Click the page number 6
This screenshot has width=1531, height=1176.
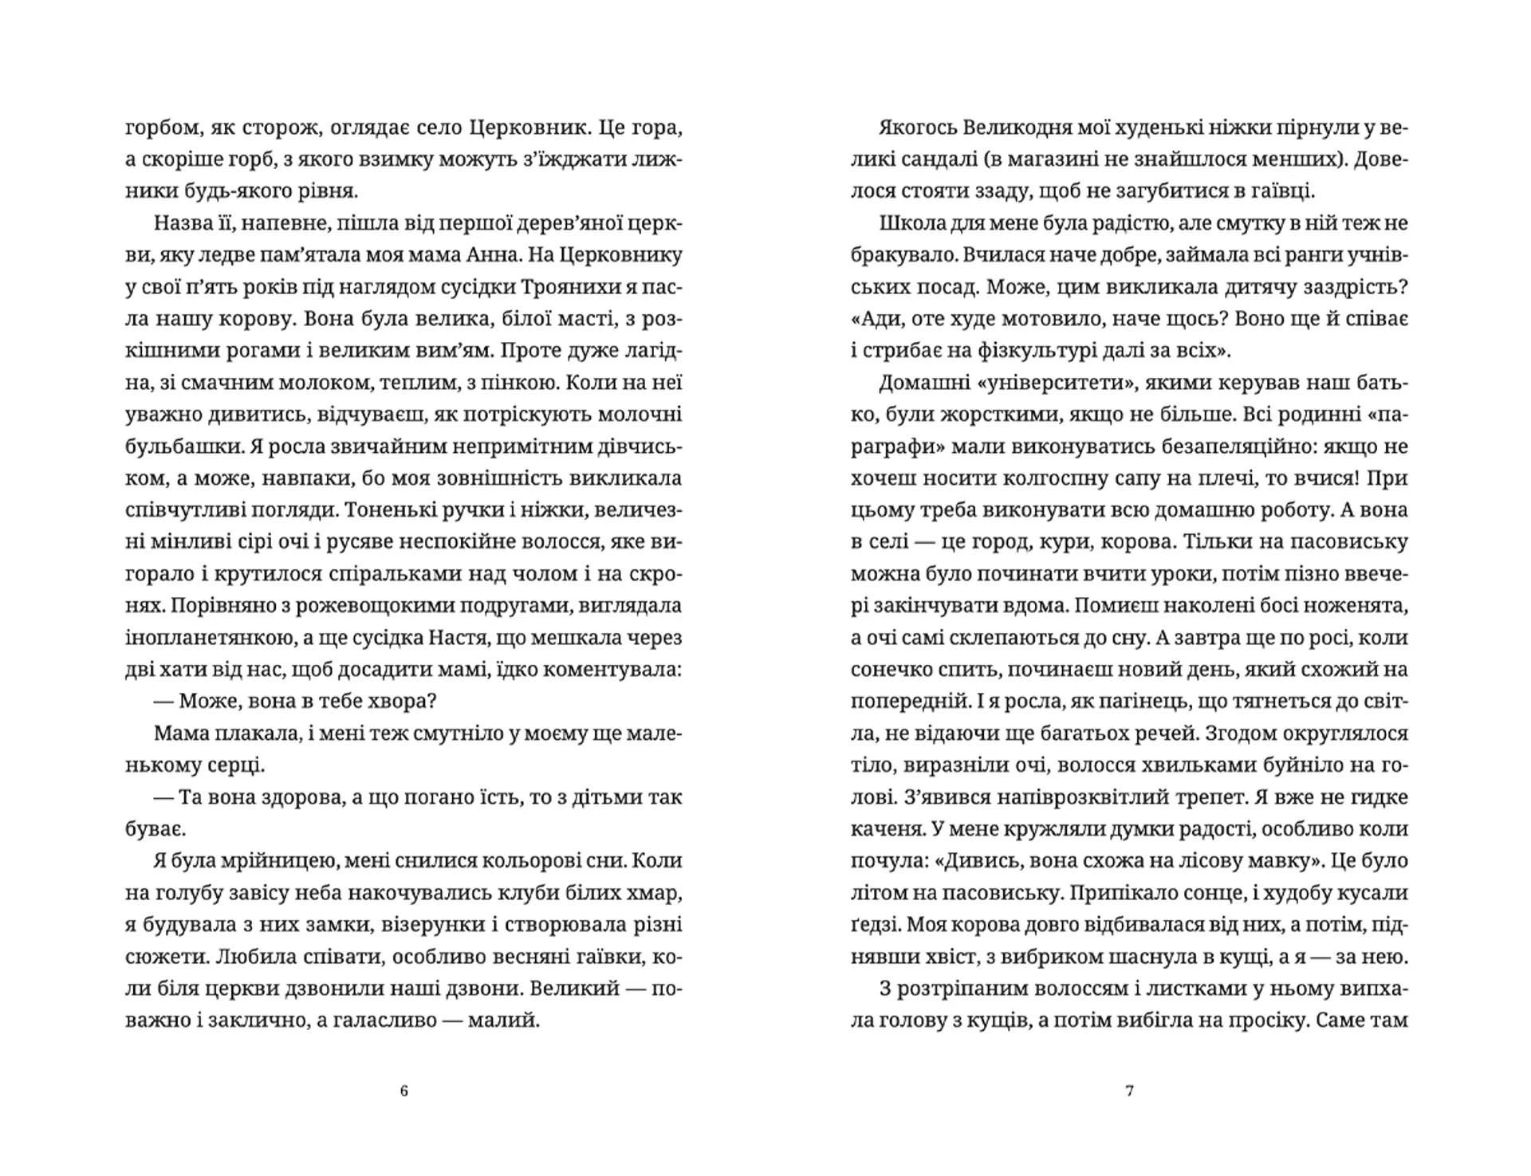click(x=403, y=1091)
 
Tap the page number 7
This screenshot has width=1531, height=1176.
click(x=1129, y=1091)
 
